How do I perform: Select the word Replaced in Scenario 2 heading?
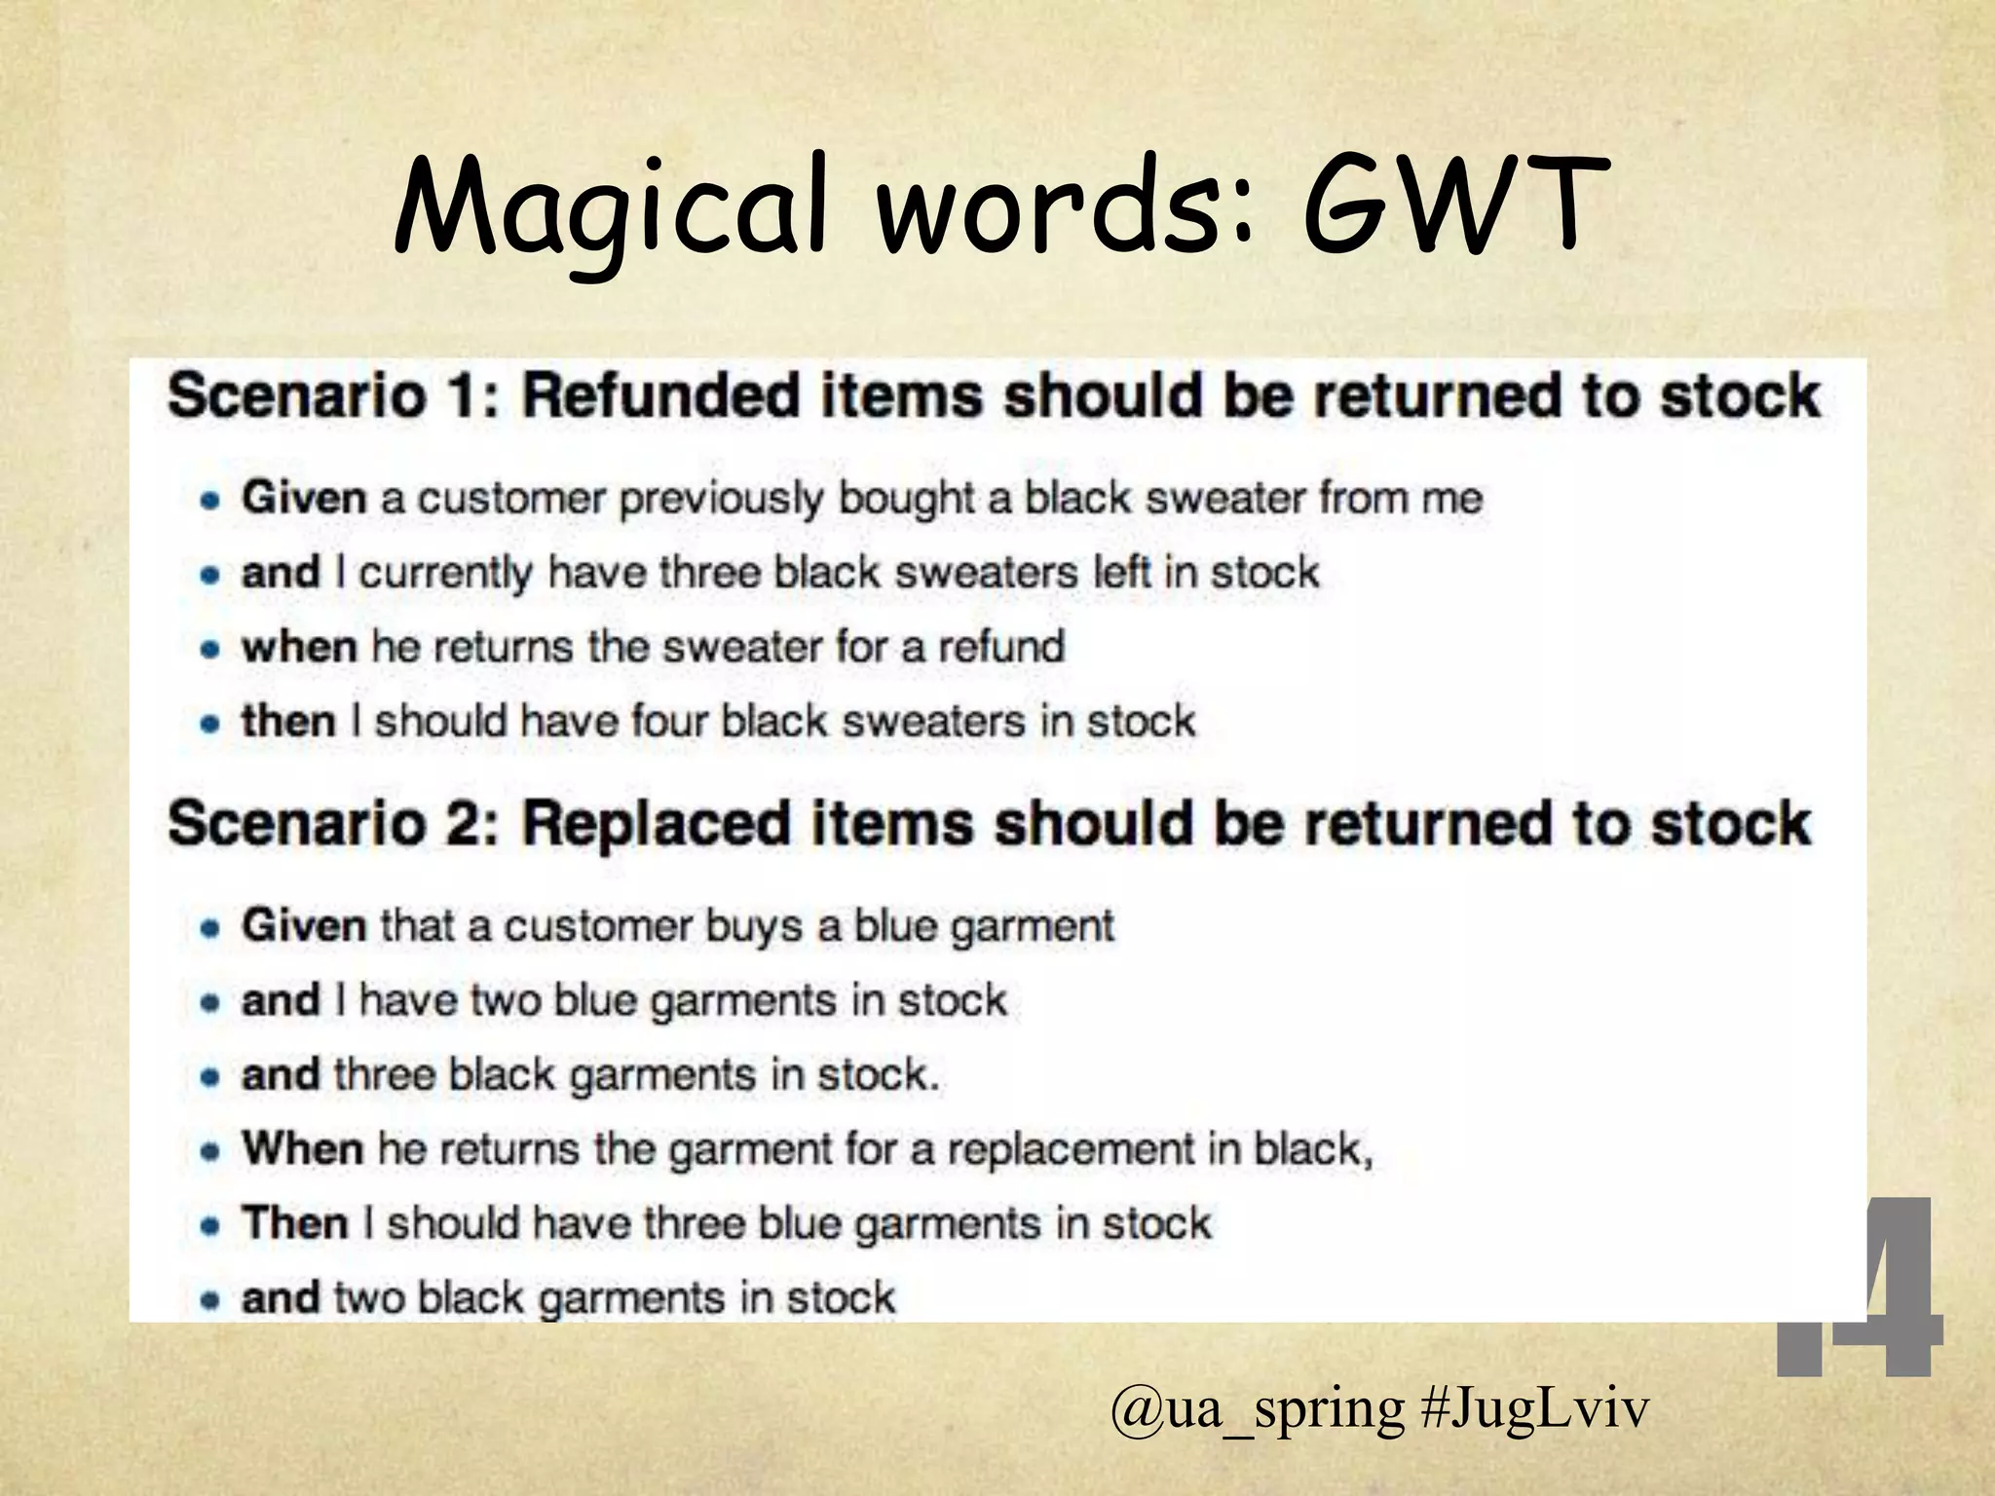coord(656,824)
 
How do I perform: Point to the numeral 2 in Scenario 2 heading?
coord(474,824)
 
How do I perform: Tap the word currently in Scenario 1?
coord(445,574)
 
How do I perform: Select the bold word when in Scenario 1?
coord(299,647)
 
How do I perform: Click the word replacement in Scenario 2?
coord(1071,1149)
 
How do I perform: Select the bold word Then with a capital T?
coord(295,1223)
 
